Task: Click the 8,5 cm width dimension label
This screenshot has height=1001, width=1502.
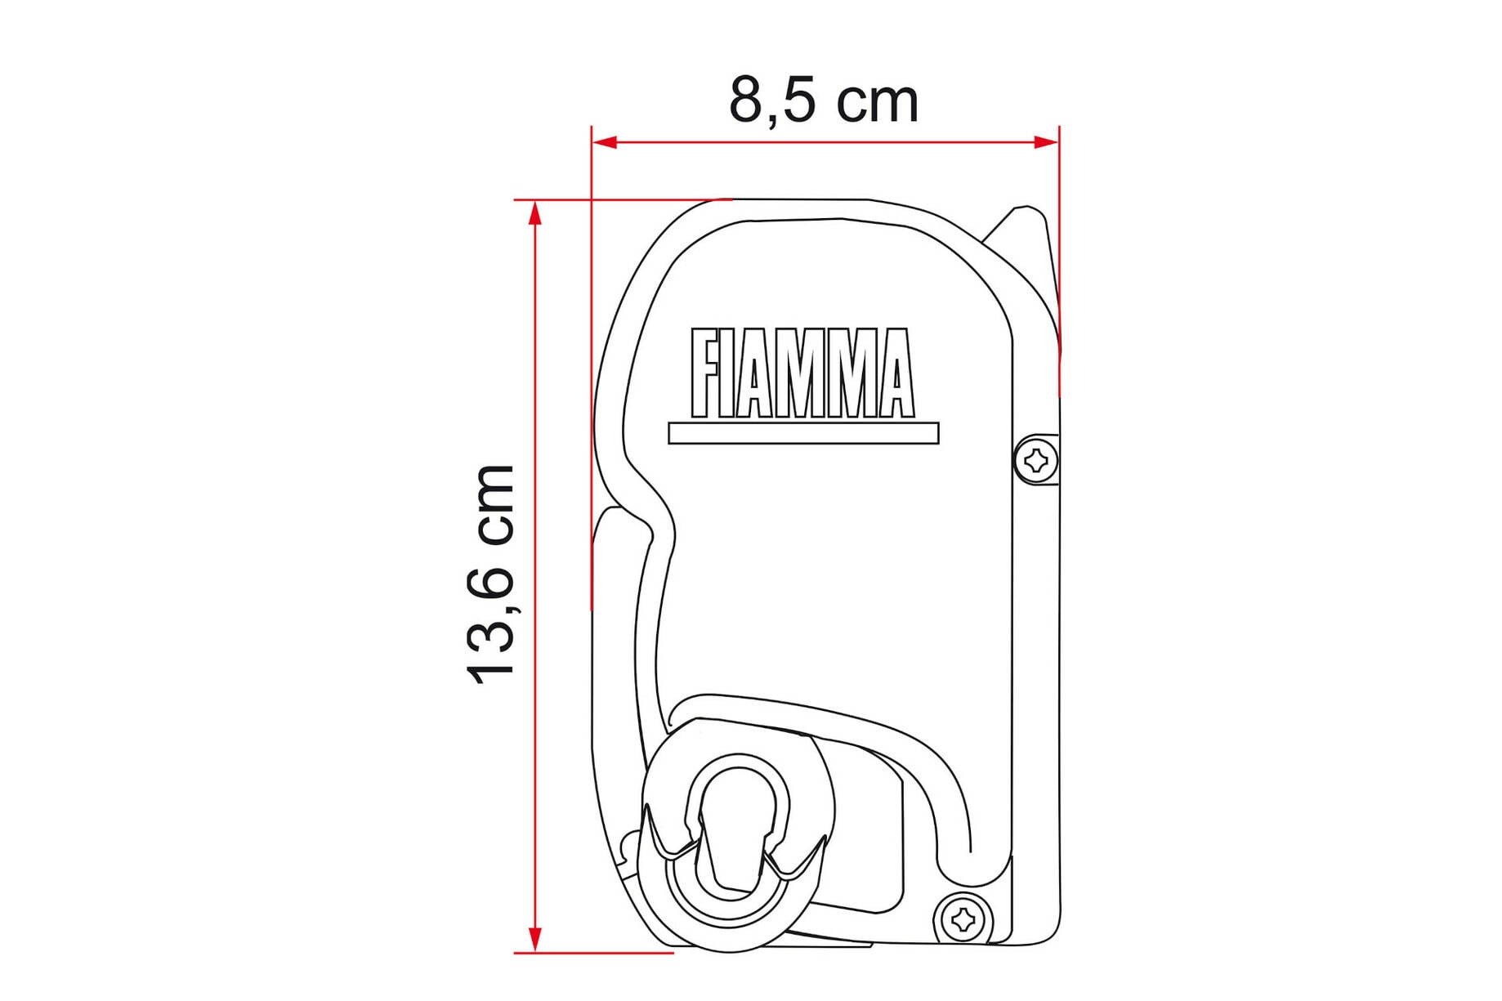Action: [824, 101]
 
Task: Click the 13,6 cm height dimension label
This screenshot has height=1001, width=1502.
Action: [490, 574]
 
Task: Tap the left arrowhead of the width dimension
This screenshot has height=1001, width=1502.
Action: [605, 142]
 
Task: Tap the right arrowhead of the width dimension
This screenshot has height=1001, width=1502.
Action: [1046, 142]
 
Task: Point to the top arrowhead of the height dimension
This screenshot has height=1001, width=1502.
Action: [535, 212]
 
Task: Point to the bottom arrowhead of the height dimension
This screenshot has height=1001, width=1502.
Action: [535, 940]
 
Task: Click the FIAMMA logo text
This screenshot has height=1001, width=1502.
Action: [802, 373]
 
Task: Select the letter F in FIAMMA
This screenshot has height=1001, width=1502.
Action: [705, 373]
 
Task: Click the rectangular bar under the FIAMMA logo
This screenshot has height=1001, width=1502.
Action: [803, 433]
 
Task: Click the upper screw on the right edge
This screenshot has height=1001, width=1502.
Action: [1036, 460]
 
